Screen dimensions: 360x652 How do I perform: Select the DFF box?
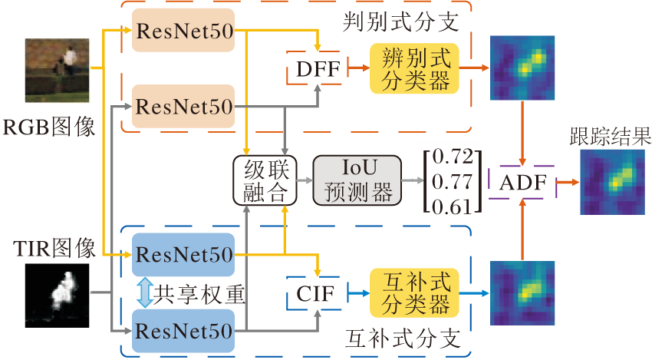click(316, 68)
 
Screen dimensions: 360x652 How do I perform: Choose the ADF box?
click(522, 184)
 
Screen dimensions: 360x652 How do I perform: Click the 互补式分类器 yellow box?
click(416, 292)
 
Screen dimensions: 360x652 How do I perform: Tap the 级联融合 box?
click(265, 180)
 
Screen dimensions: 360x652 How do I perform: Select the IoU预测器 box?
click(358, 180)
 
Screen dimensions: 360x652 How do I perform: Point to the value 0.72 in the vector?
click(449, 157)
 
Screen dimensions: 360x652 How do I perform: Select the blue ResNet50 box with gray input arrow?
click(183, 331)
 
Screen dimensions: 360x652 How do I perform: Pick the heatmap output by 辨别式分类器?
click(522, 68)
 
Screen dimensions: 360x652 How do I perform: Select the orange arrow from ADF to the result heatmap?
click(568, 183)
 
